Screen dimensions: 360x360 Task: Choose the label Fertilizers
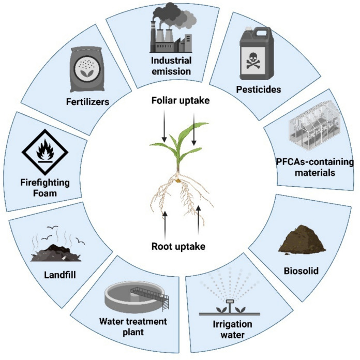pos(87,102)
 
